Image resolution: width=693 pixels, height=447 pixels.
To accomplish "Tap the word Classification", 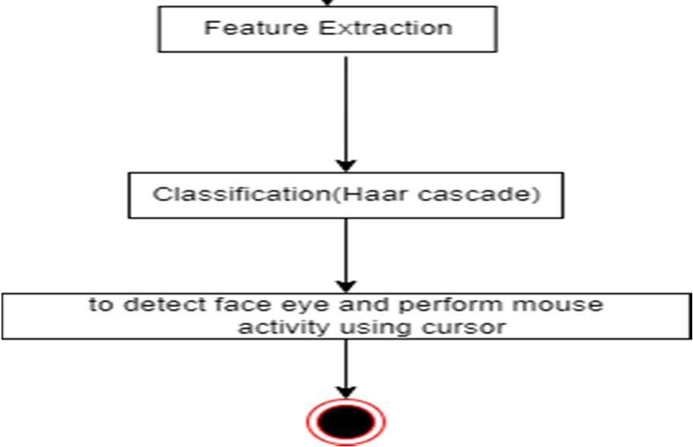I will (x=241, y=194).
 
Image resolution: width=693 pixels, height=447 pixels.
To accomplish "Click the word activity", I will (x=283, y=328).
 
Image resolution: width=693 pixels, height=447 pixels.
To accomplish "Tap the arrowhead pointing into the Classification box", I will (x=346, y=165).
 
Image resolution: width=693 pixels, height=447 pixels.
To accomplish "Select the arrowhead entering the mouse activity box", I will (x=346, y=287).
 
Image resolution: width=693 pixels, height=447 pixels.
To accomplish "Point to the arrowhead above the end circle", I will (x=346, y=393).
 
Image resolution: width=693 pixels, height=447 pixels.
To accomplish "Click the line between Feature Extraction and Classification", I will (x=346, y=107).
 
